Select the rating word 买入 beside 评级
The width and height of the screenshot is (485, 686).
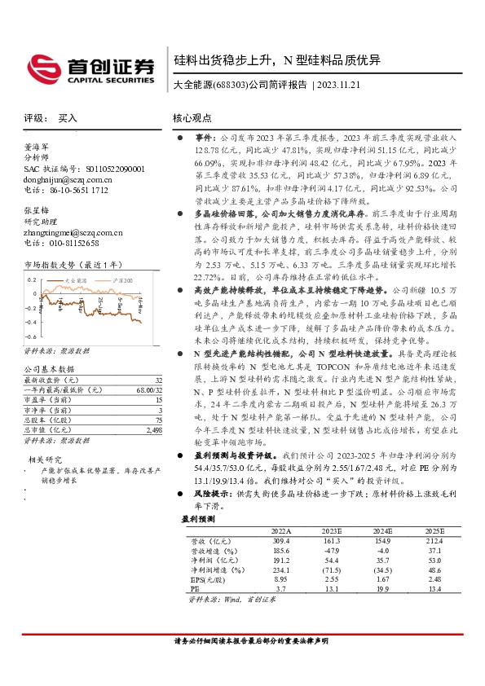[68, 118]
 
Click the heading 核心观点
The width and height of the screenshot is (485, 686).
[193, 118]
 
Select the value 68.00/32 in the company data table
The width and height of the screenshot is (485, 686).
[146, 391]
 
